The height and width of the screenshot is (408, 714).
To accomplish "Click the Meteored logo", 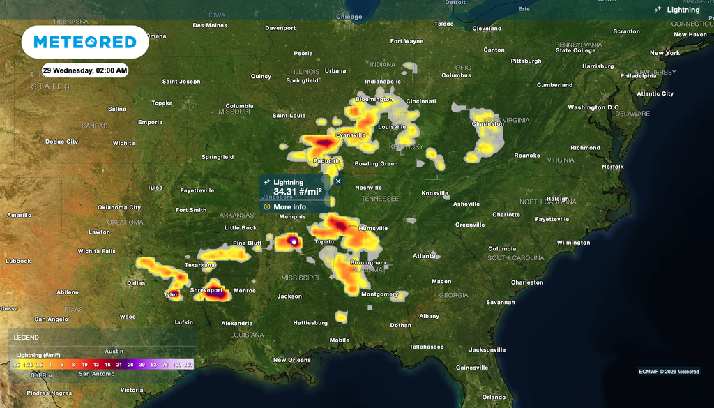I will tap(85, 42).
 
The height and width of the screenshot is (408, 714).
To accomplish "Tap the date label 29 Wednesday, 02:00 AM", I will tap(85, 70).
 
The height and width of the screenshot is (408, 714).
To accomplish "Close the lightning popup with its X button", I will tap(338, 181).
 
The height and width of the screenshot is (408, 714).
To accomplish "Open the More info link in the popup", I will tap(289, 207).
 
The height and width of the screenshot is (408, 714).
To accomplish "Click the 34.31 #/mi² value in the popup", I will tap(297, 192).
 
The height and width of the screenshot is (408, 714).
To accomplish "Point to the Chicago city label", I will tap(349, 17).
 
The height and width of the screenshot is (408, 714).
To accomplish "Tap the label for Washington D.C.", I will tap(594, 107).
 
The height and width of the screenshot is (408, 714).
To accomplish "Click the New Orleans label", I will tap(291, 360).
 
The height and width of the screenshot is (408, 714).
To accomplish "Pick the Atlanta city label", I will tap(424, 256).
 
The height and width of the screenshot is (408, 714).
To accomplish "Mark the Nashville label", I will tap(368, 188).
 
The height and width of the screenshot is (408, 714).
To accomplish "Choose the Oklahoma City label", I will tap(119, 207).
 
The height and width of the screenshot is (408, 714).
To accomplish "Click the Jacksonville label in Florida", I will tap(487, 349).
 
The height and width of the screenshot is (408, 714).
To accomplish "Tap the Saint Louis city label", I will tap(289, 116).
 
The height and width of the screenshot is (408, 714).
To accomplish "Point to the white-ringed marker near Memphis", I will tap(294, 242).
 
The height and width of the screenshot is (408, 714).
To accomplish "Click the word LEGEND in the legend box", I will tap(26, 338).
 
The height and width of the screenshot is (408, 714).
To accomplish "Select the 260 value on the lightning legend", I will tap(188, 364).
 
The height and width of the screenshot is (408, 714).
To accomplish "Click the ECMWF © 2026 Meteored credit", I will tap(669, 371).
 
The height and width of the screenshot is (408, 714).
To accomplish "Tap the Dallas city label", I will tap(137, 282).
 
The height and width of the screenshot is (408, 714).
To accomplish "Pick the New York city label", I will tap(664, 53).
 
